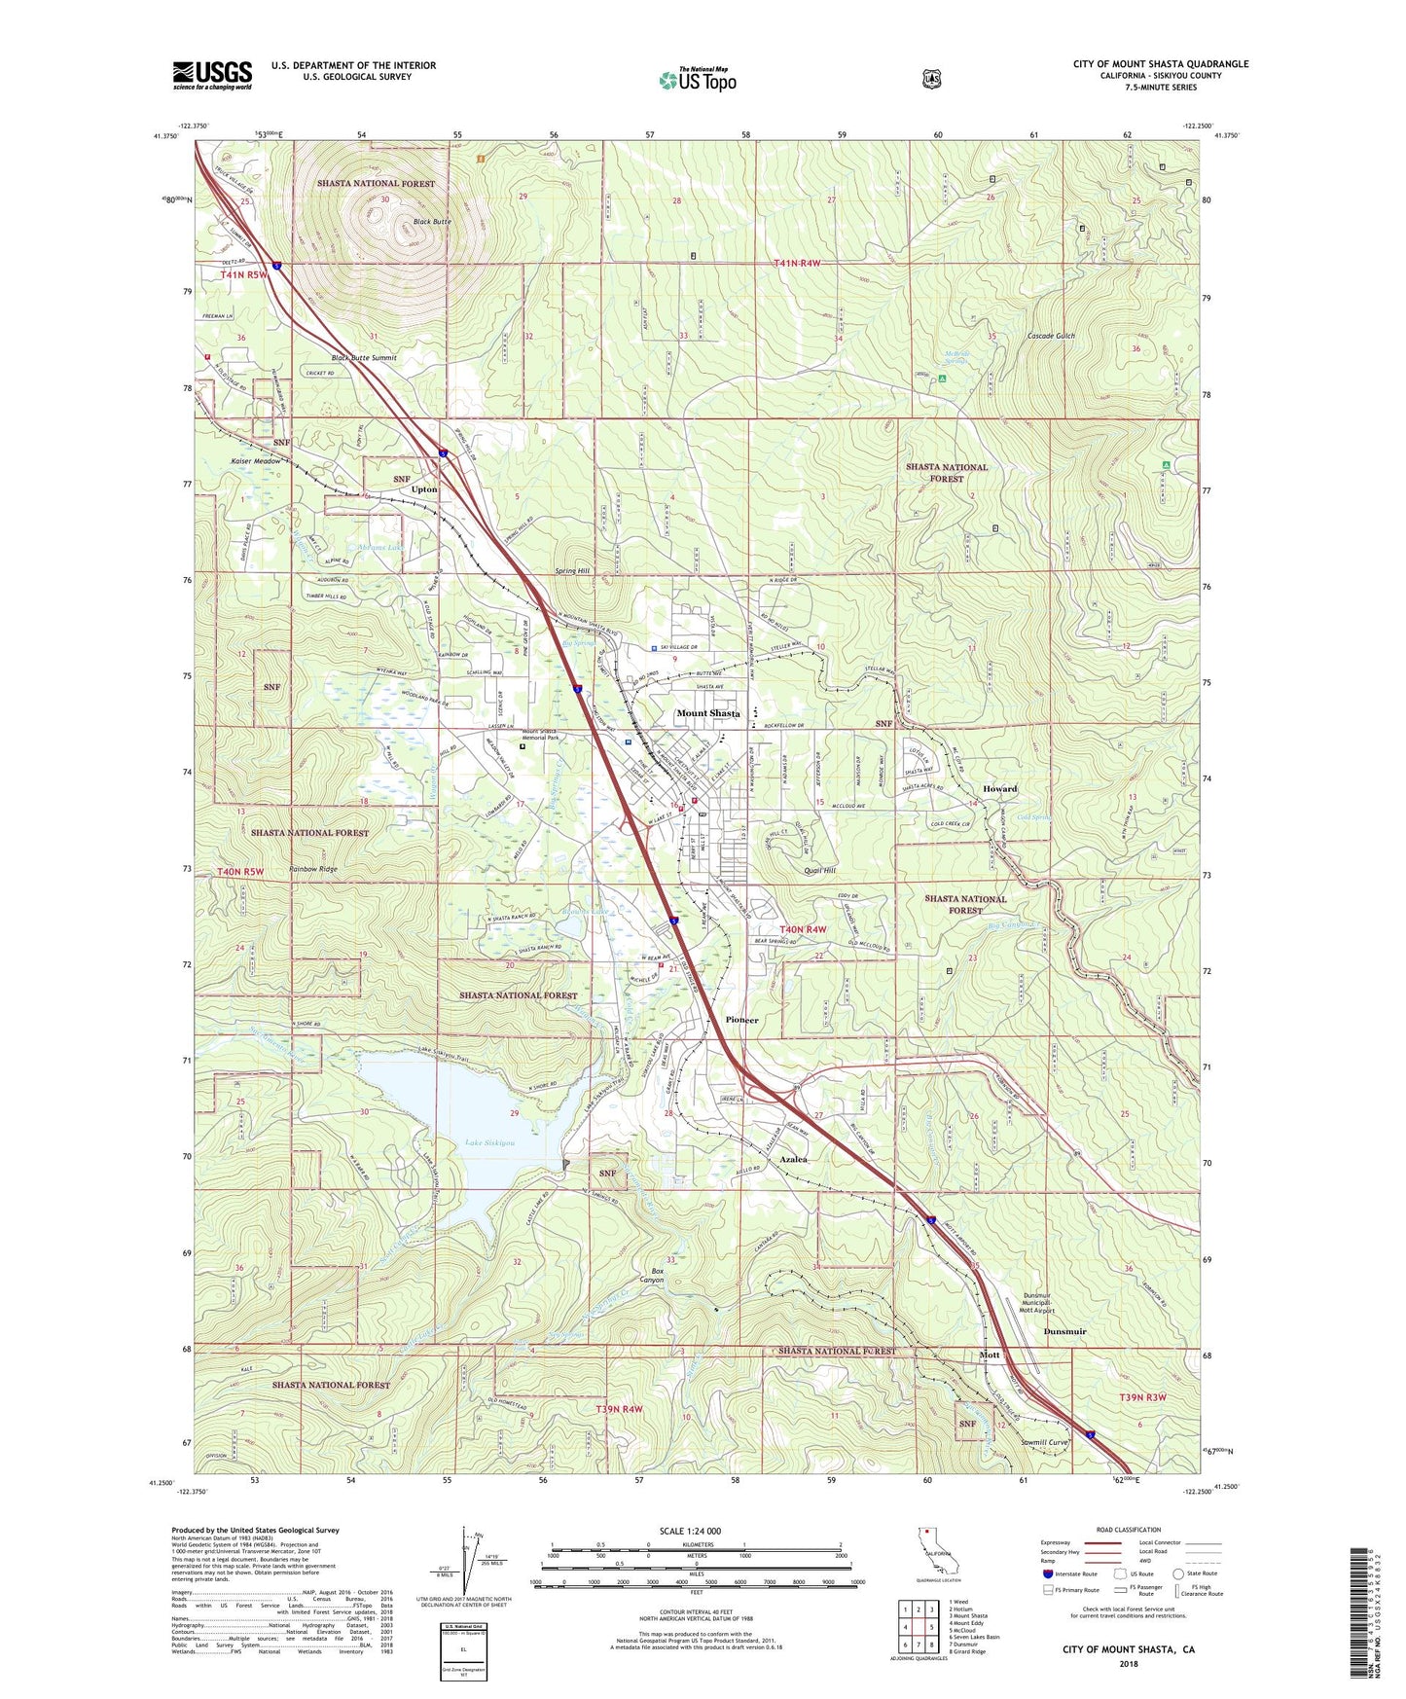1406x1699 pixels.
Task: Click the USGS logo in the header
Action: click(x=212, y=75)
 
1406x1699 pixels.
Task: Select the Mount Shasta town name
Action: click(x=708, y=713)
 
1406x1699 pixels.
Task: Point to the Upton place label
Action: click(x=424, y=489)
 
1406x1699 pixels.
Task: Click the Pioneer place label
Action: click(x=742, y=1020)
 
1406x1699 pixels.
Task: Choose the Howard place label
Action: click(x=999, y=789)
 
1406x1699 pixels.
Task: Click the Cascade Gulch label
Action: click(x=1051, y=336)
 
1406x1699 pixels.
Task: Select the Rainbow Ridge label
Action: click(x=312, y=869)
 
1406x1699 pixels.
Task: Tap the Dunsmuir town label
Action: click(x=1064, y=1331)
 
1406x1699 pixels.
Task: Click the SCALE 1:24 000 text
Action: click(x=690, y=1531)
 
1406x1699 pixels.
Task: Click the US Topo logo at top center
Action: click(x=697, y=80)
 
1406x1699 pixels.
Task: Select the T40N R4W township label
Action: click(x=802, y=929)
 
